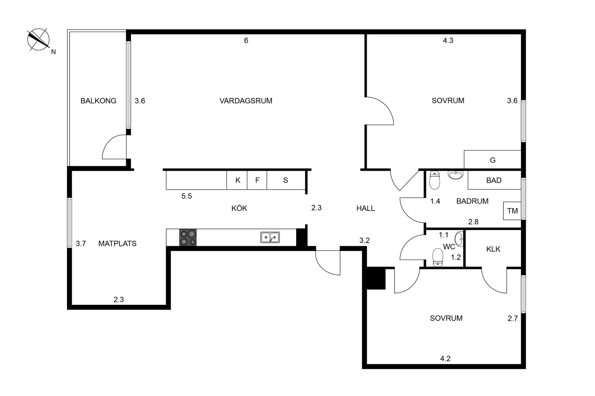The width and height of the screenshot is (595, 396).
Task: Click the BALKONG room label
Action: pyautogui.click(x=98, y=101)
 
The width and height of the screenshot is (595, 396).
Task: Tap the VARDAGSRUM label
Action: pyautogui.click(x=246, y=101)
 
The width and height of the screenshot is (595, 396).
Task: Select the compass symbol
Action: pyautogui.click(x=39, y=40)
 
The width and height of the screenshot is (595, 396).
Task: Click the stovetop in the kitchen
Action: pyautogui.click(x=188, y=237)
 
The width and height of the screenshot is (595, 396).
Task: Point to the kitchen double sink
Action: pyautogui.click(x=270, y=237)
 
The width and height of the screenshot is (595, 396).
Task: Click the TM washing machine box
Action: pyautogui.click(x=512, y=211)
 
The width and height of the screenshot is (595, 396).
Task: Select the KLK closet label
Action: pyautogui.click(x=493, y=249)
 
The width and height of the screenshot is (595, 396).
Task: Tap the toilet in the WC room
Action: pyautogui.click(x=438, y=257)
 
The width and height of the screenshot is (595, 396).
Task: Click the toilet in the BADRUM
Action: pyautogui.click(x=435, y=180)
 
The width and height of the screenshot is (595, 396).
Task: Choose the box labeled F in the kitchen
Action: pyautogui.click(x=257, y=180)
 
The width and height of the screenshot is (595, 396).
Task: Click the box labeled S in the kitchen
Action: pyautogui.click(x=286, y=180)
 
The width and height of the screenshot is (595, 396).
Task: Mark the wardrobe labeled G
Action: pyautogui.click(x=493, y=159)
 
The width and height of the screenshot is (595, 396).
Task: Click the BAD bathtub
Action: pyautogui.click(x=494, y=180)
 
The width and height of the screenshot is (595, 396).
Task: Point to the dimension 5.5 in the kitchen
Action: pyautogui.click(x=186, y=196)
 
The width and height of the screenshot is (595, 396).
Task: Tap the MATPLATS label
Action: pyautogui.click(x=118, y=243)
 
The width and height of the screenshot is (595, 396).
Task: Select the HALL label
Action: pyautogui.click(x=366, y=208)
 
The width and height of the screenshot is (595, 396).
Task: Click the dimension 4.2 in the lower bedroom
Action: pyautogui.click(x=445, y=359)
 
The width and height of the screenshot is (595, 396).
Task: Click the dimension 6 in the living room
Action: pyautogui.click(x=246, y=40)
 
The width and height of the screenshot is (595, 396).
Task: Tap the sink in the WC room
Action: pyautogui.click(x=459, y=239)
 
